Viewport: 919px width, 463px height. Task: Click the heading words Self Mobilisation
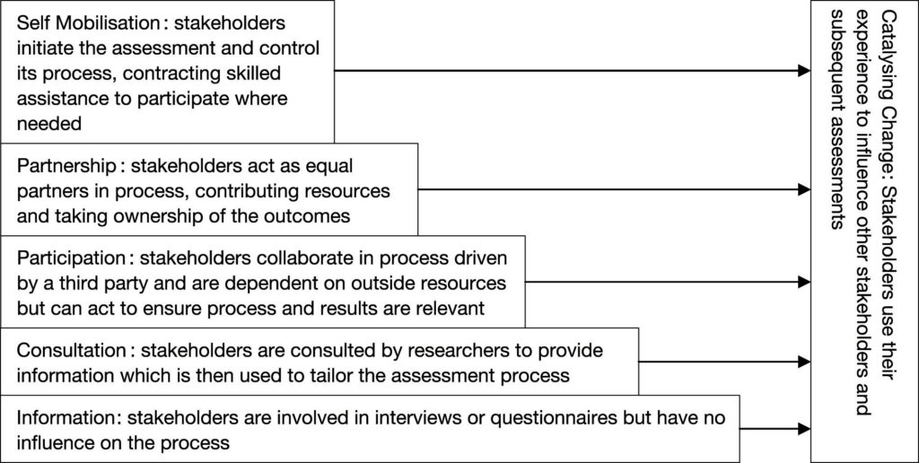tap(88, 23)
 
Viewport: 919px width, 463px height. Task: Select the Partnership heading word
tap(66, 167)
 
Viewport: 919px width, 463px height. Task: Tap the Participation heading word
tap(71, 258)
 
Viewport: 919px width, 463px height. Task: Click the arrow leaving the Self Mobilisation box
tap(573, 71)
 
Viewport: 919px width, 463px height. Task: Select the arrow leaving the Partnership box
tap(614, 189)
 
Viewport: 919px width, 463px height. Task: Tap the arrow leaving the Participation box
tap(668, 282)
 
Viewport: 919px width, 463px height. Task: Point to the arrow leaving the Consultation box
tap(725, 362)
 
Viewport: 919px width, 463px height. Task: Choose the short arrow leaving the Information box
tap(775, 429)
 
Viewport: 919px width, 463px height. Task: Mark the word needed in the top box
tap(48, 124)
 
